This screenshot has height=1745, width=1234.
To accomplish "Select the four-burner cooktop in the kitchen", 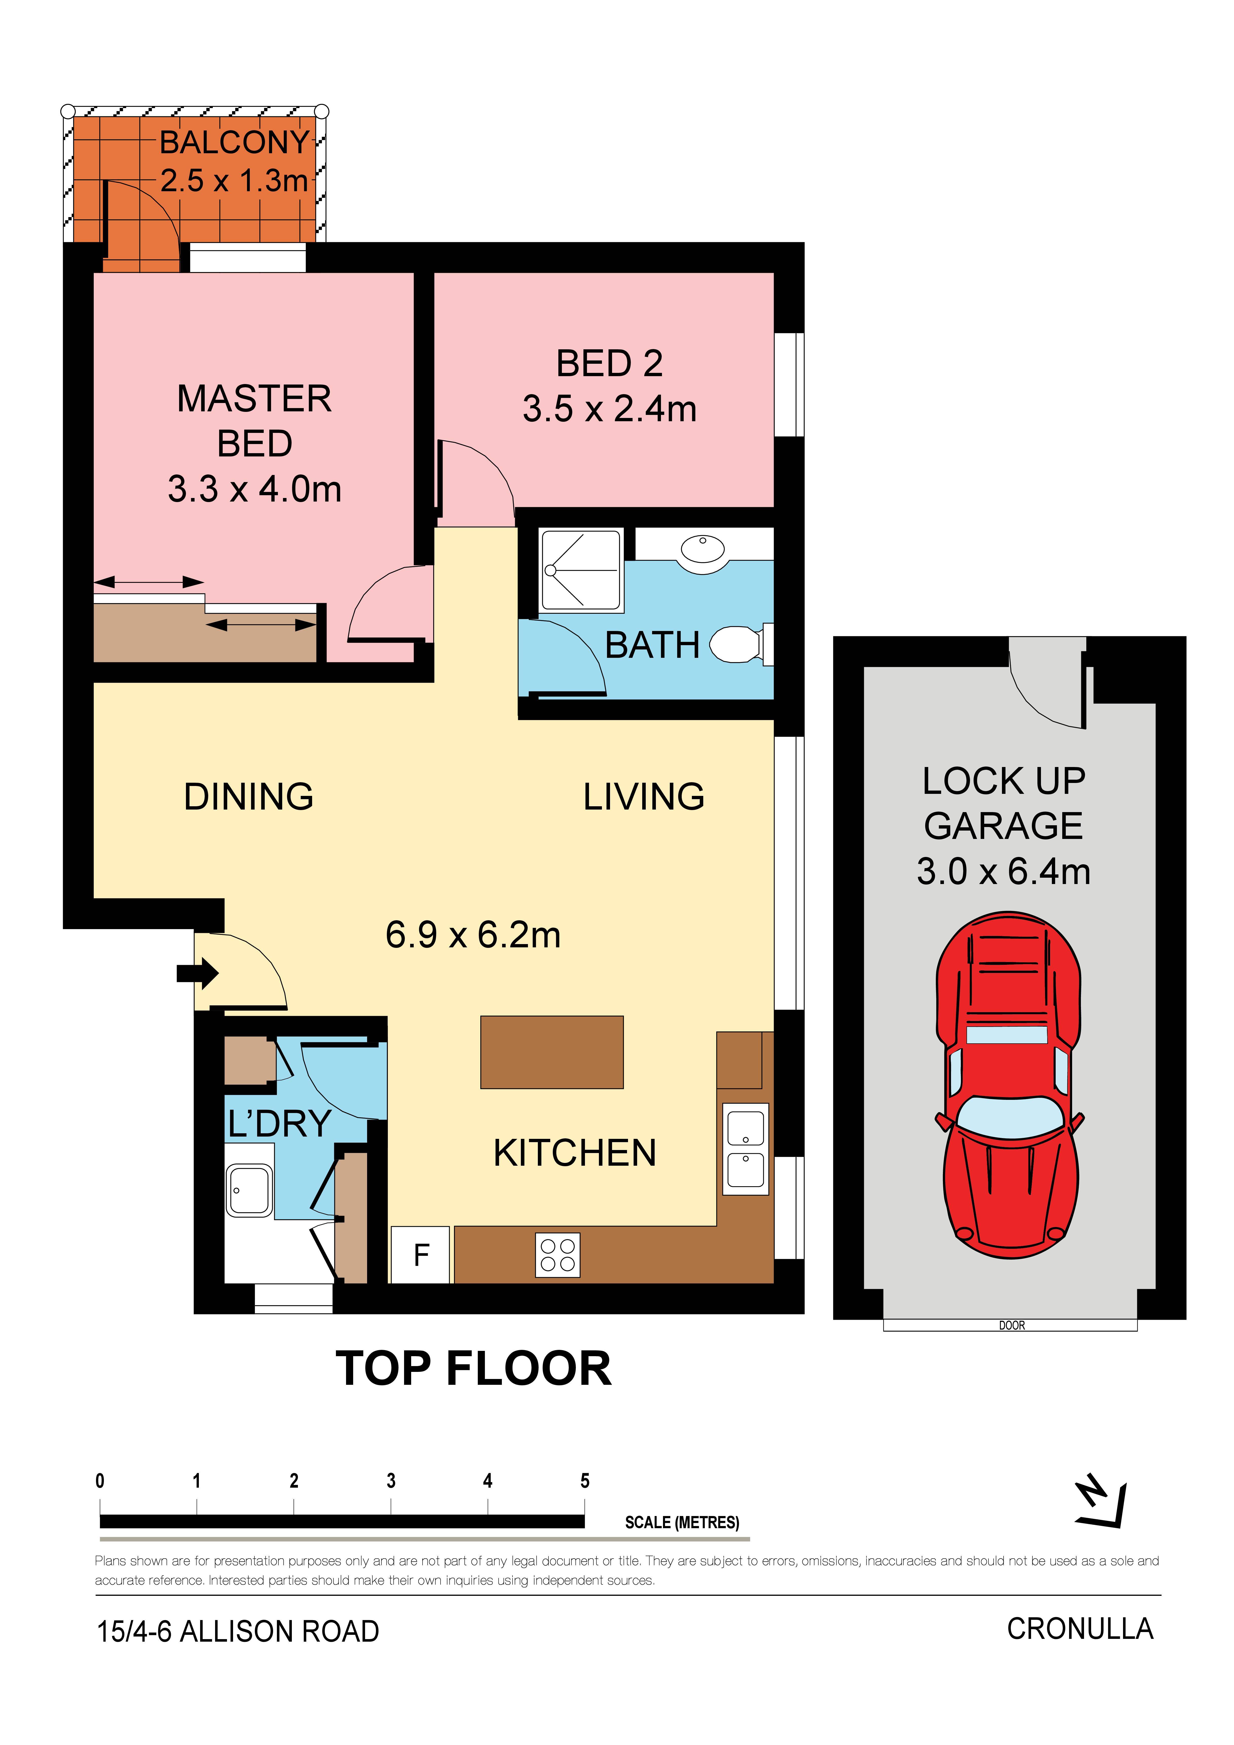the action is click(557, 1255).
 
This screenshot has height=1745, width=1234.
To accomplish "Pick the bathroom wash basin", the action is click(703, 549).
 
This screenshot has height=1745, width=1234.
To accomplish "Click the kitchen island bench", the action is click(552, 1053).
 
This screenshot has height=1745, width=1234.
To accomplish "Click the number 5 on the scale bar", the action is click(585, 1481).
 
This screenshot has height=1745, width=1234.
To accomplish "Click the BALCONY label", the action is click(234, 142).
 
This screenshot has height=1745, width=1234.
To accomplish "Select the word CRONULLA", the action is click(1080, 1629).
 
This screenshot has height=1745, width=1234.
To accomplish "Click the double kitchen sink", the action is click(746, 1149).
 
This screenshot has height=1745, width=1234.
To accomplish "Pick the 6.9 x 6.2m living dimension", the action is click(473, 935).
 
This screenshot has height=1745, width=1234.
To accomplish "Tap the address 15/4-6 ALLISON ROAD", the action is click(238, 1632).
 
